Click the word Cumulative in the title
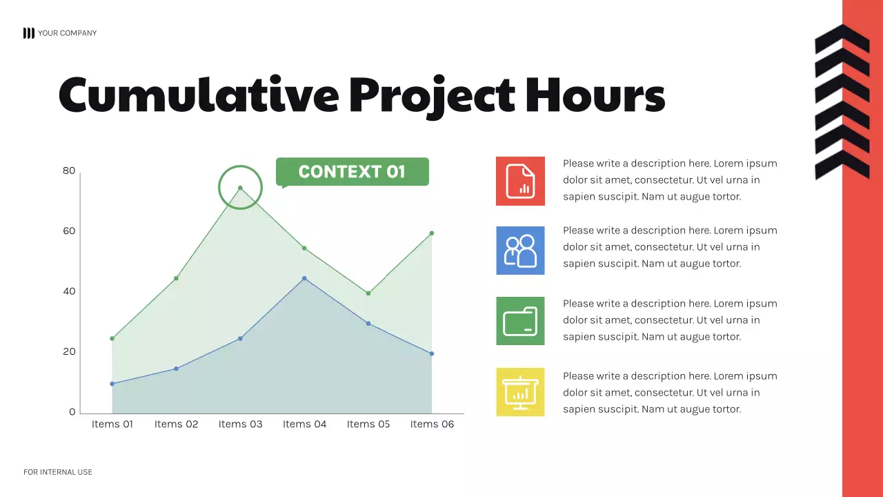pos(199,95)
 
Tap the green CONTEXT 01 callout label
pos(352,172)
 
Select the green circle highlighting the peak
pos(240,187)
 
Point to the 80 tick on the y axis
pos(69,170)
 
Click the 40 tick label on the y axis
pos(69,291)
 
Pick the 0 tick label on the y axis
pos(72,412)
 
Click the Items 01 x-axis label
pos(112,424)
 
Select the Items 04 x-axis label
pos(304,424)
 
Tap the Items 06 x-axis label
pos(432,424)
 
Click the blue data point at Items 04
pos(304,278)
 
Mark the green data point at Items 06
pos(432,233)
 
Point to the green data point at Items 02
pos(176,278)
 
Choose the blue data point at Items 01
pos(112,384)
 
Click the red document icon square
pos(520,181)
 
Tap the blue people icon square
pos(520,251)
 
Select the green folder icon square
pos(520,321)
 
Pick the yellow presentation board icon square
pos(520,392)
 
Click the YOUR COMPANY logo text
pos(67,33)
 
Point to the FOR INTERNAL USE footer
pos(58,472)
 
